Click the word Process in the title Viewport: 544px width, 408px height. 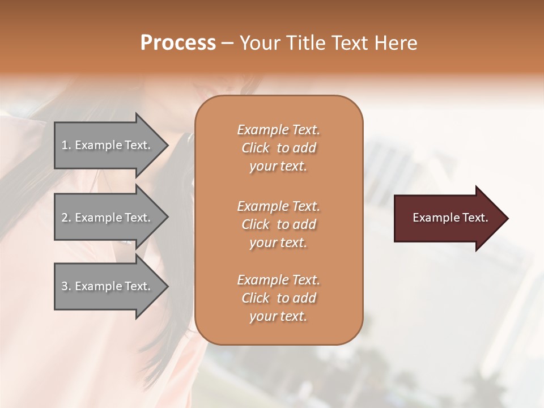point(178,43)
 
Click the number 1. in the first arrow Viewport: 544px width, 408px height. point(66,145)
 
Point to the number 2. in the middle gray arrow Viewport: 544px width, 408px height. point(66,218)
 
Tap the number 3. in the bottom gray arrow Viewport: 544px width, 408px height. point(66,286)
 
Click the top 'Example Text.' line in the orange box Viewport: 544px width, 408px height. point(278,130)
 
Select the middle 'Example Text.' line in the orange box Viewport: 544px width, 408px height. point(278,206)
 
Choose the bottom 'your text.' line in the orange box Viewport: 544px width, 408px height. point(278,316)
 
